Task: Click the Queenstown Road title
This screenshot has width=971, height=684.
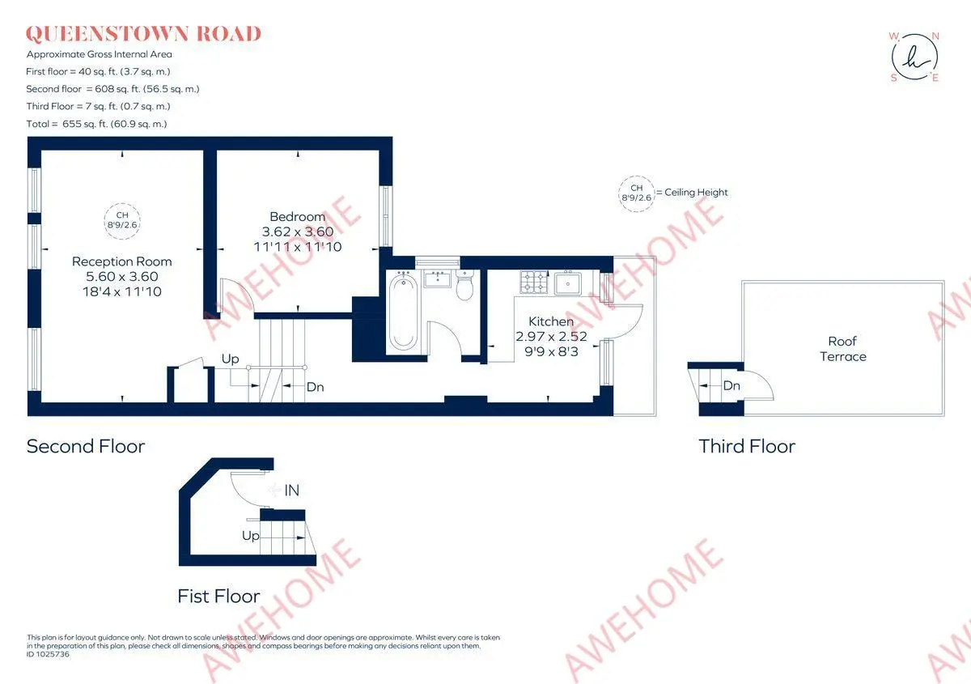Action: click(x=143, y=34)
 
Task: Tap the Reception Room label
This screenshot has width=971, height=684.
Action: click(x=122, y=261)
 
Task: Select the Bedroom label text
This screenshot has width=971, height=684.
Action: click(x=298, y=216)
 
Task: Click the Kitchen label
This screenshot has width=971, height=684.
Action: click(x=551, y=321)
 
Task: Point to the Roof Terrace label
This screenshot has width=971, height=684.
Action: click(x=842, y=349)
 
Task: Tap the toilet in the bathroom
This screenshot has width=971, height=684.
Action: click(x=464, y=285)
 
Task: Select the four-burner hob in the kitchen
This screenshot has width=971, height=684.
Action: click(x=533, y=282)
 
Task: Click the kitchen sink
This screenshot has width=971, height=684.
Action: click(x=567, y=283)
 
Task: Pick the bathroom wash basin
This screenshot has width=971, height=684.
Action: click(x=438, y=278)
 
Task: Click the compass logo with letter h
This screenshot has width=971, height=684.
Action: click(x=914, y=57)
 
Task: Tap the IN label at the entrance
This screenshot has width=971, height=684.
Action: click(x=292, y=491)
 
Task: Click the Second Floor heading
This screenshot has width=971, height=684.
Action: click(x=86, y=446)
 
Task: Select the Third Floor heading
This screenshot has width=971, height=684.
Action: click(x=747, y=446)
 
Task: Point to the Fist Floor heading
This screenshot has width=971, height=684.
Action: click(x=219, y=596)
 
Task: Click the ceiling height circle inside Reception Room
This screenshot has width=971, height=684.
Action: click(x=122, y=203)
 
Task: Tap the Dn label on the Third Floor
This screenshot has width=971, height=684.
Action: click(x=731, y=385)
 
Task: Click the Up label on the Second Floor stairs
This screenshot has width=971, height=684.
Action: click(x=230, y=359)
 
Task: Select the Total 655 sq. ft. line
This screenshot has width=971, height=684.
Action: click(x=96, y=124)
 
